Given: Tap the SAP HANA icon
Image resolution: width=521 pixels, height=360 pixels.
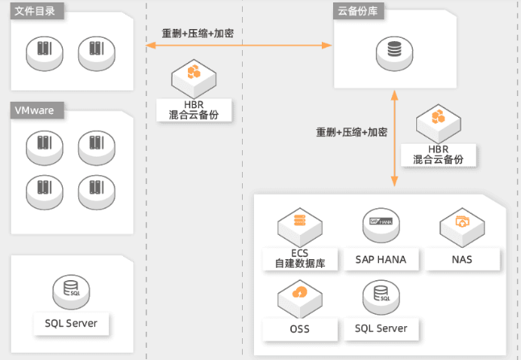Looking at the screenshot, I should [x=381, y=224].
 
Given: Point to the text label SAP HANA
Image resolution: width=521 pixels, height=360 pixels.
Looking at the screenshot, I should [x=381, y=260].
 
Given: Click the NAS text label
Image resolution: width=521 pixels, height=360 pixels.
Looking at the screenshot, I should [x=462, y=260].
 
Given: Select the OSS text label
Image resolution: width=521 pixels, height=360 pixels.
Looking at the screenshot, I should [x=299, y=329].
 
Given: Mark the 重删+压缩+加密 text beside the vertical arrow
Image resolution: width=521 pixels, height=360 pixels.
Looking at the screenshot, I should [x=352, y=132].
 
